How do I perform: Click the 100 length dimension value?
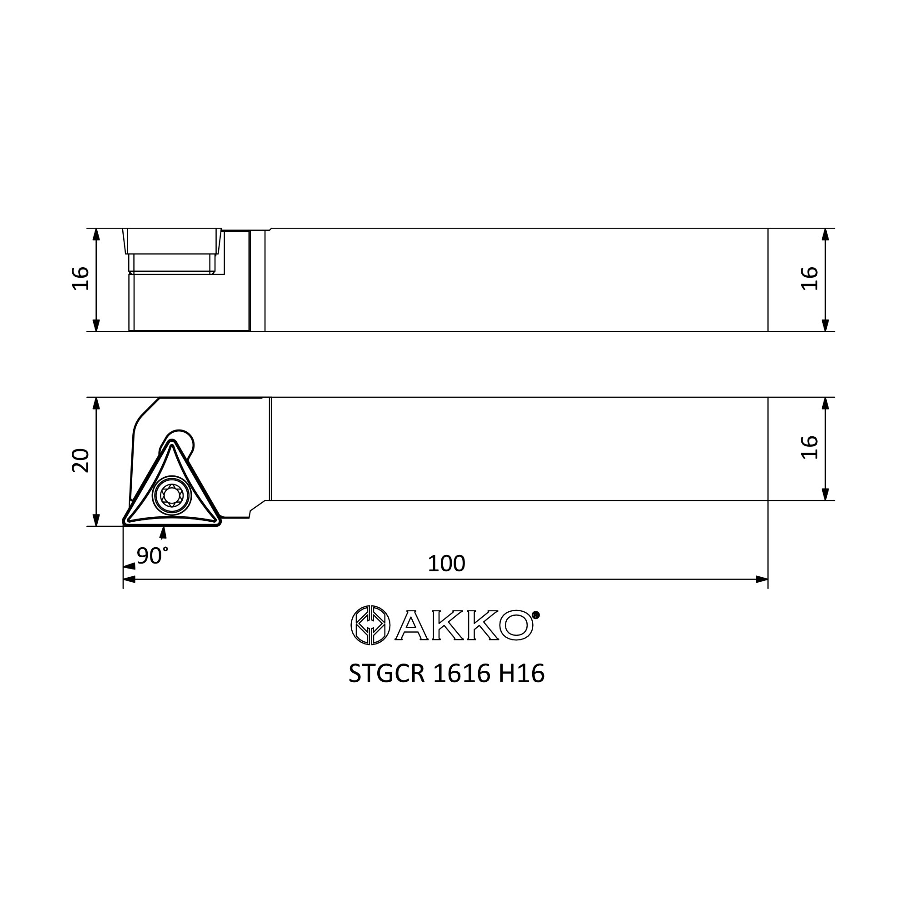[446, 564]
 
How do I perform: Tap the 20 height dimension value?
[81, 460]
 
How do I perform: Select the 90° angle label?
[152, 556]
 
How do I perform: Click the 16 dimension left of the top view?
[81, 279]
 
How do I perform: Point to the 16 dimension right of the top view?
[810, 279]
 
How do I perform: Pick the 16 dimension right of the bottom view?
[810, 447]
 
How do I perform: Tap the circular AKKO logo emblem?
[370, 625]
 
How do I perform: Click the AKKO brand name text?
[464, 625]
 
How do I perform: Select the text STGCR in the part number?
[387, 673]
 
